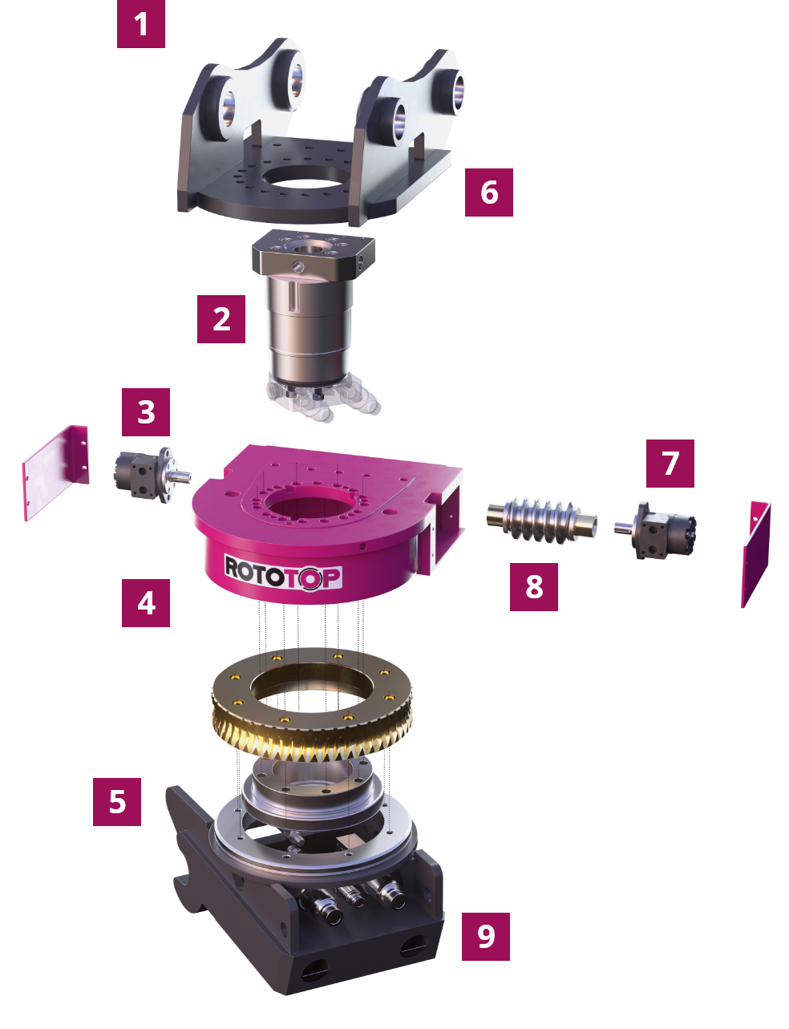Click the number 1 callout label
click(141, 24)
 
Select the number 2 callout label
click(221, 319)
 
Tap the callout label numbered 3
click(146, 412)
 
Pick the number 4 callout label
click(146, 602)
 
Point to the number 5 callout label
click(117, 801)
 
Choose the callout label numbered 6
click(489, 192)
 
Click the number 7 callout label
click(670, 463)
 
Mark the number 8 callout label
click(534, 586)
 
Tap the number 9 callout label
click(486, 936)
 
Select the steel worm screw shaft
click(541, 518)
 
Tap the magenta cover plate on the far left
click(55, 473)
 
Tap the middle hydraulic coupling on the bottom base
click(350, 897)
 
